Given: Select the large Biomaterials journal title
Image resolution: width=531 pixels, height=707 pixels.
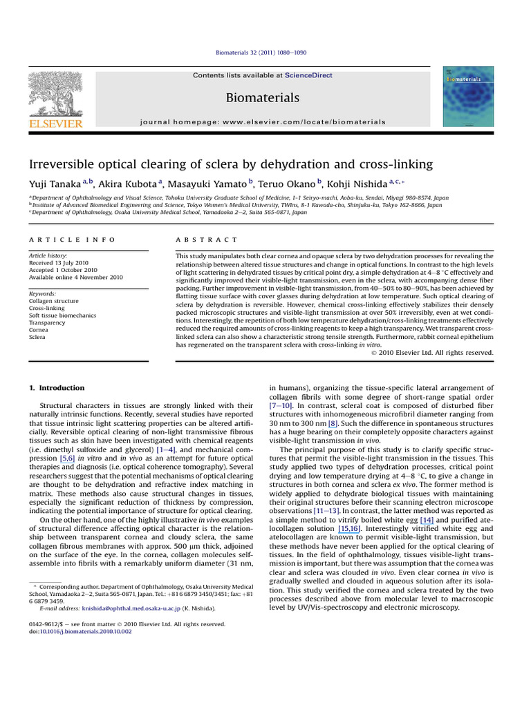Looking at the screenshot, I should tap(263, 98).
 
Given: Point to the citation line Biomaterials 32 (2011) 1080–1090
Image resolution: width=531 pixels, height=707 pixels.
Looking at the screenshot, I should tap(265, 52).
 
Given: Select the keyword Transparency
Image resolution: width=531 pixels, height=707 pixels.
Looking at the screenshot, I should tap(48, 322).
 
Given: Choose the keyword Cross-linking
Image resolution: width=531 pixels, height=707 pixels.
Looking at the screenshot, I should tap(48, 308).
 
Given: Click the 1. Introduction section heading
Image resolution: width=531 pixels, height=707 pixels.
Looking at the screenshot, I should tap(57, 388).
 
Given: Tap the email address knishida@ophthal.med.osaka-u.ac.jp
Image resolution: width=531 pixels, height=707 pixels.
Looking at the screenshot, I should tap(140, 609).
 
